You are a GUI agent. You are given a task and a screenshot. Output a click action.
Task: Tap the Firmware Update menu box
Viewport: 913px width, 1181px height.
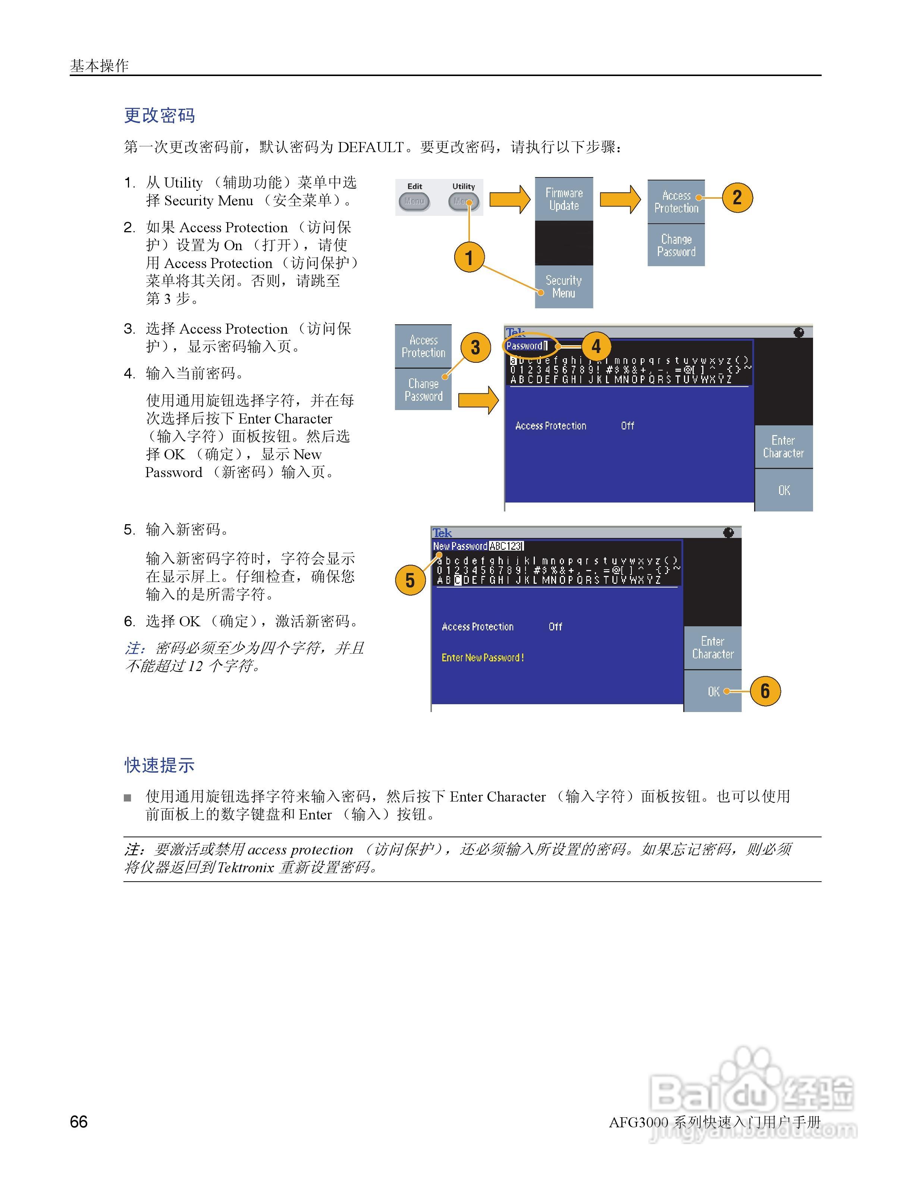coord(564,199)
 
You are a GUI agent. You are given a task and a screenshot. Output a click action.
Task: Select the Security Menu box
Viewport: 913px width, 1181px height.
coord(564,287)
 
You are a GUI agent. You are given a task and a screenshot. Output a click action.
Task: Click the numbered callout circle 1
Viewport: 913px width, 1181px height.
coord(469,257)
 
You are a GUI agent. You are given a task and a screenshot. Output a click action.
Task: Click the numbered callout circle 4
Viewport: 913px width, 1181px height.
coord(596,346)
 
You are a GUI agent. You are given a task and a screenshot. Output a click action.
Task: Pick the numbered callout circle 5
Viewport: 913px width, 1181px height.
coord(410,580)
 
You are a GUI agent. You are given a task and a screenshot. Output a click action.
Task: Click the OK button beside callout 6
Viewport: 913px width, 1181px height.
coord(713,691)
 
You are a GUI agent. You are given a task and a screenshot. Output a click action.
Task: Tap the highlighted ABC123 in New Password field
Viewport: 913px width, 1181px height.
coord(506,546)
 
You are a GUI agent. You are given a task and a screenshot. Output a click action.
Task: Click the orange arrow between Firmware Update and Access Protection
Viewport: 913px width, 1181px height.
coord(620,199)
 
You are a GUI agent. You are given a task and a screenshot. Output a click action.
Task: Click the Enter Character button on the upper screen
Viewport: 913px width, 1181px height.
coord(783,447)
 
